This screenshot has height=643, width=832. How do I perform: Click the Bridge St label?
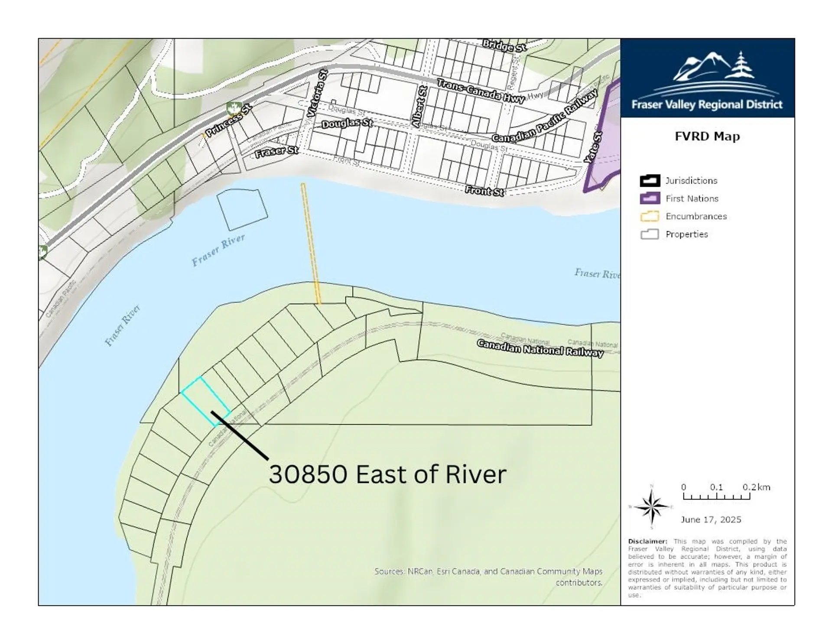tap(504, 45)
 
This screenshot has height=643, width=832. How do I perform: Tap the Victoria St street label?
tap(317, 93)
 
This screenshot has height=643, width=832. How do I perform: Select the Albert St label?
tap(419, 107)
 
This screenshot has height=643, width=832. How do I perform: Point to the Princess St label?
tap(228, 120)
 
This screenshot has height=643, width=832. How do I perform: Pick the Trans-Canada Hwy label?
tap(481, 91)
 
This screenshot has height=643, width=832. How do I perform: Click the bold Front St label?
tap(484, 191)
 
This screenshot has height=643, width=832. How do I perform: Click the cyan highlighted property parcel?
tap(206, 400)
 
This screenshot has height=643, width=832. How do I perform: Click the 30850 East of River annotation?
tap(387, 474)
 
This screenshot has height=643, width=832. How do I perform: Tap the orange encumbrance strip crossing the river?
tap(311, 243)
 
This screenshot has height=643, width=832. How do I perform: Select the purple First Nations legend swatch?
tap(650, 198)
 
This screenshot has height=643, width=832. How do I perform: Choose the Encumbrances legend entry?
tap(696, 216)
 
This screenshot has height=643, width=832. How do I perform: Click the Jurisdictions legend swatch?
tap(650, 181)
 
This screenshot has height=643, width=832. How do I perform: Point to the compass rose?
tap(651, 506)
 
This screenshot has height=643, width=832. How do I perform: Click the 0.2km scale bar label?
tap(756, 487)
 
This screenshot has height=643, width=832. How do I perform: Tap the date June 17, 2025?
tap(711, 520)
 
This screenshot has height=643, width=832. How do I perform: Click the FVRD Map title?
tap(707, 136)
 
